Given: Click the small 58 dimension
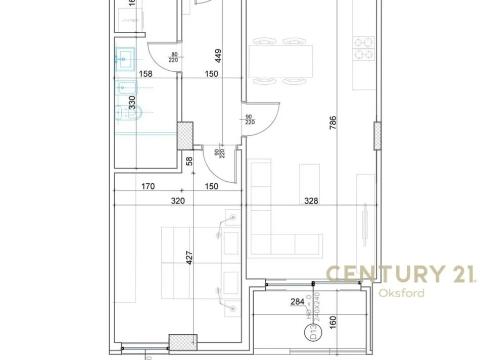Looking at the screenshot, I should [189, 162].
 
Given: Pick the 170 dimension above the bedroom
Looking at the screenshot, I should [148, 186].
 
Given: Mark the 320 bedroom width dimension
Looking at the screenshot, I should [177, 200].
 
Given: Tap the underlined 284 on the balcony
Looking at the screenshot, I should [297, 302].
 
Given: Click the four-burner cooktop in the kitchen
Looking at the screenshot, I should [363, 48].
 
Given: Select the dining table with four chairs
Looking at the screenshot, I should [280, 61].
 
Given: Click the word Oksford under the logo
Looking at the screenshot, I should [402, 293].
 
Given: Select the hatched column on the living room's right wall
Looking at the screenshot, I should [377, 135].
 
